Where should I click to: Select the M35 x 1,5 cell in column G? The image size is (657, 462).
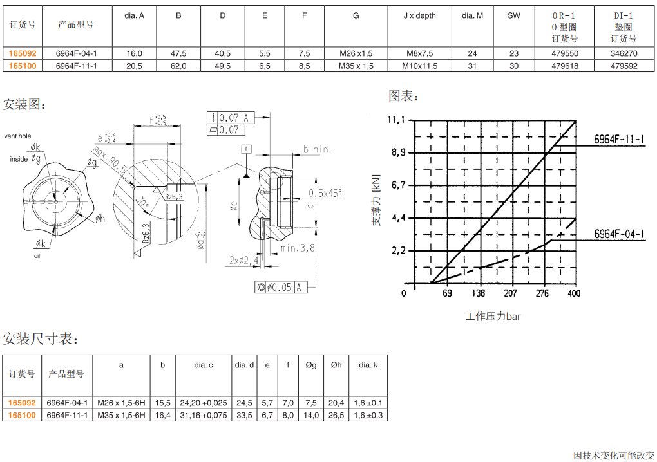(356, 65)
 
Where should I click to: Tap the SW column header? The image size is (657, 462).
(513, 15)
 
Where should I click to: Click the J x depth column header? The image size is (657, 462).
(419, 15)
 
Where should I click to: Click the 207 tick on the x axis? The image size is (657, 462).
(510, 293)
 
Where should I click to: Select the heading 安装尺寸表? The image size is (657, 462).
(40, 338)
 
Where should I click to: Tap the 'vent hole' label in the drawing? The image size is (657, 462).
(17, 136)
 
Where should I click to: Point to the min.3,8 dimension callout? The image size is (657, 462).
(298, 247)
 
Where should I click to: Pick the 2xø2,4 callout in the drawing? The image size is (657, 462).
(245, 260)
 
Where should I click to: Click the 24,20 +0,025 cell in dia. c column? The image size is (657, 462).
(204, 402)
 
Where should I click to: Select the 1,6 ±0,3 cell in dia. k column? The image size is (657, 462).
(368, 415)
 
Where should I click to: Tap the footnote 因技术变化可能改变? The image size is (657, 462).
(613, 455)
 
